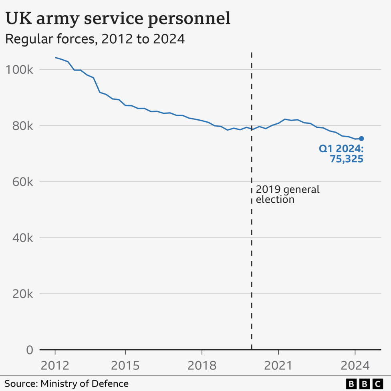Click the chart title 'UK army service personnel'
click(x=118, y=19)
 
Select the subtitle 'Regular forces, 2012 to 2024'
click(x=95, y=39)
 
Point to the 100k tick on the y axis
click(x=19, y=70)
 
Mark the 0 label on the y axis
click(x=29, y=350)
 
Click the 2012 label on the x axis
click(x=55, y=365)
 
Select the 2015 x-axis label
click(x=125, y=365)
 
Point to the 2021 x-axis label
click(x=278, y=365)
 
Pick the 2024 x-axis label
click(x=355, y=365)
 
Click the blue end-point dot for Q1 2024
click(x=361, y=139)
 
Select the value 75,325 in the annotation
click(x=346, y=159)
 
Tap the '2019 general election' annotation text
click(x=288, y=194)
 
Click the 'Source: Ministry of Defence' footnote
click(x=67, y=383)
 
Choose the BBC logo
click(x=364, y=383)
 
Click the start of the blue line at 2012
click(x=55, y=58)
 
